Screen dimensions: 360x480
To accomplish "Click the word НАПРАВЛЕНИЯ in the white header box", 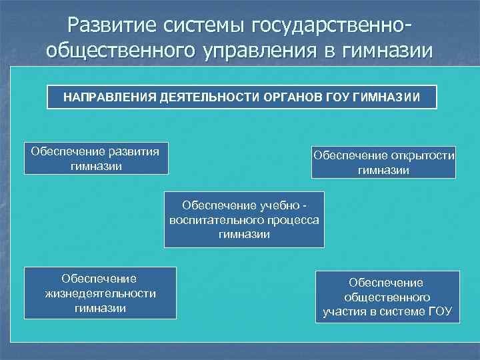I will pyautogui.click(x=110, y=97).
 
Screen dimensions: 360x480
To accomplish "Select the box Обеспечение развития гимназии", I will pyautogui.click(x=96, y=158).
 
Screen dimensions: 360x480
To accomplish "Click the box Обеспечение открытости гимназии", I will pyautogui.click(x=383, y=163).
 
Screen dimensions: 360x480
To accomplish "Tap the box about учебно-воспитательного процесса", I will pyautogui.click(x=244, y=220).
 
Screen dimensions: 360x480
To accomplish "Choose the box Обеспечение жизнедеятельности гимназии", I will pyautogui.click(x=100, y=293).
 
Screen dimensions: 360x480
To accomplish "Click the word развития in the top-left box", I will pyautogui.click(x=133, y=151).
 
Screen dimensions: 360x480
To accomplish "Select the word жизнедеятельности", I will pyautogui.click(x=100, y=293).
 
